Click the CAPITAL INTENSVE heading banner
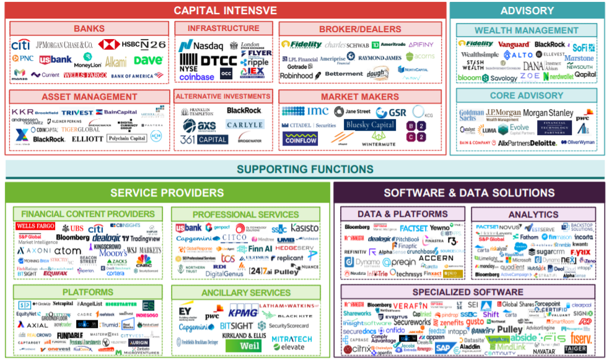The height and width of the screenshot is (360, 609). tap(226, 10)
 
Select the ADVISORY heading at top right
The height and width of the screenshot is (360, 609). tap(527, 10)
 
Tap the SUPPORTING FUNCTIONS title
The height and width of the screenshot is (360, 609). tap(304, 169)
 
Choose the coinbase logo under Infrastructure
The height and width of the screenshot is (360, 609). tap(196, 77)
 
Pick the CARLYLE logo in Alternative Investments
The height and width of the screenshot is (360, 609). tap(244, 125)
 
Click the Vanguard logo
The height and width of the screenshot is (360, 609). tap(514, 45)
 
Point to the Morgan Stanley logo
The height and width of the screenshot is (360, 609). tap(548, 113)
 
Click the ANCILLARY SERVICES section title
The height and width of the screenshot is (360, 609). tap(246, 292)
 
